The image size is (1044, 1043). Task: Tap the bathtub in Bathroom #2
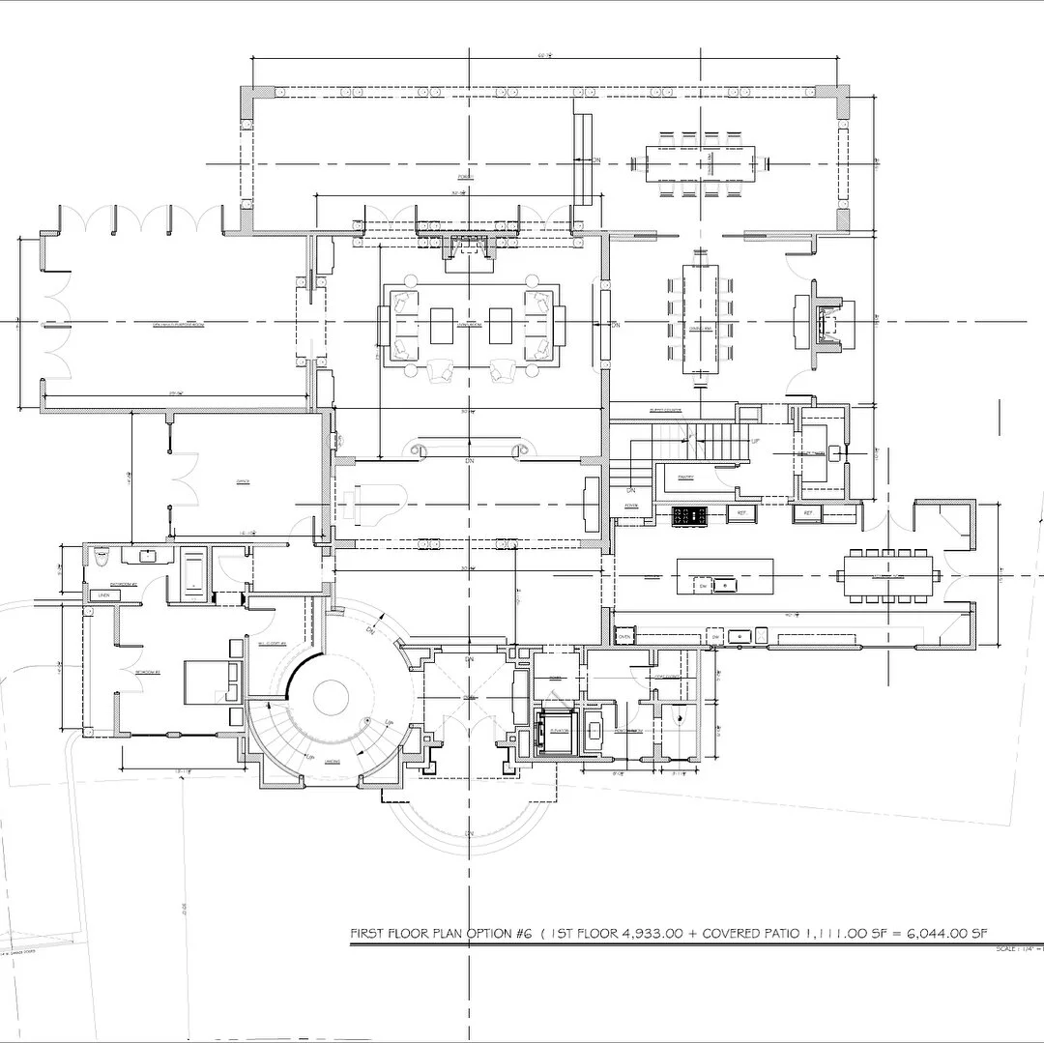coord(194,573)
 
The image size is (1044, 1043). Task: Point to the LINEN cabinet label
coord(103,595)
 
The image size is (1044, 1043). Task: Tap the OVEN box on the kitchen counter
coord(624,637)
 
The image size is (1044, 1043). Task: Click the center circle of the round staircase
coord(330,697)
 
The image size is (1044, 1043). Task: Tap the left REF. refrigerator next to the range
coord(741,513)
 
